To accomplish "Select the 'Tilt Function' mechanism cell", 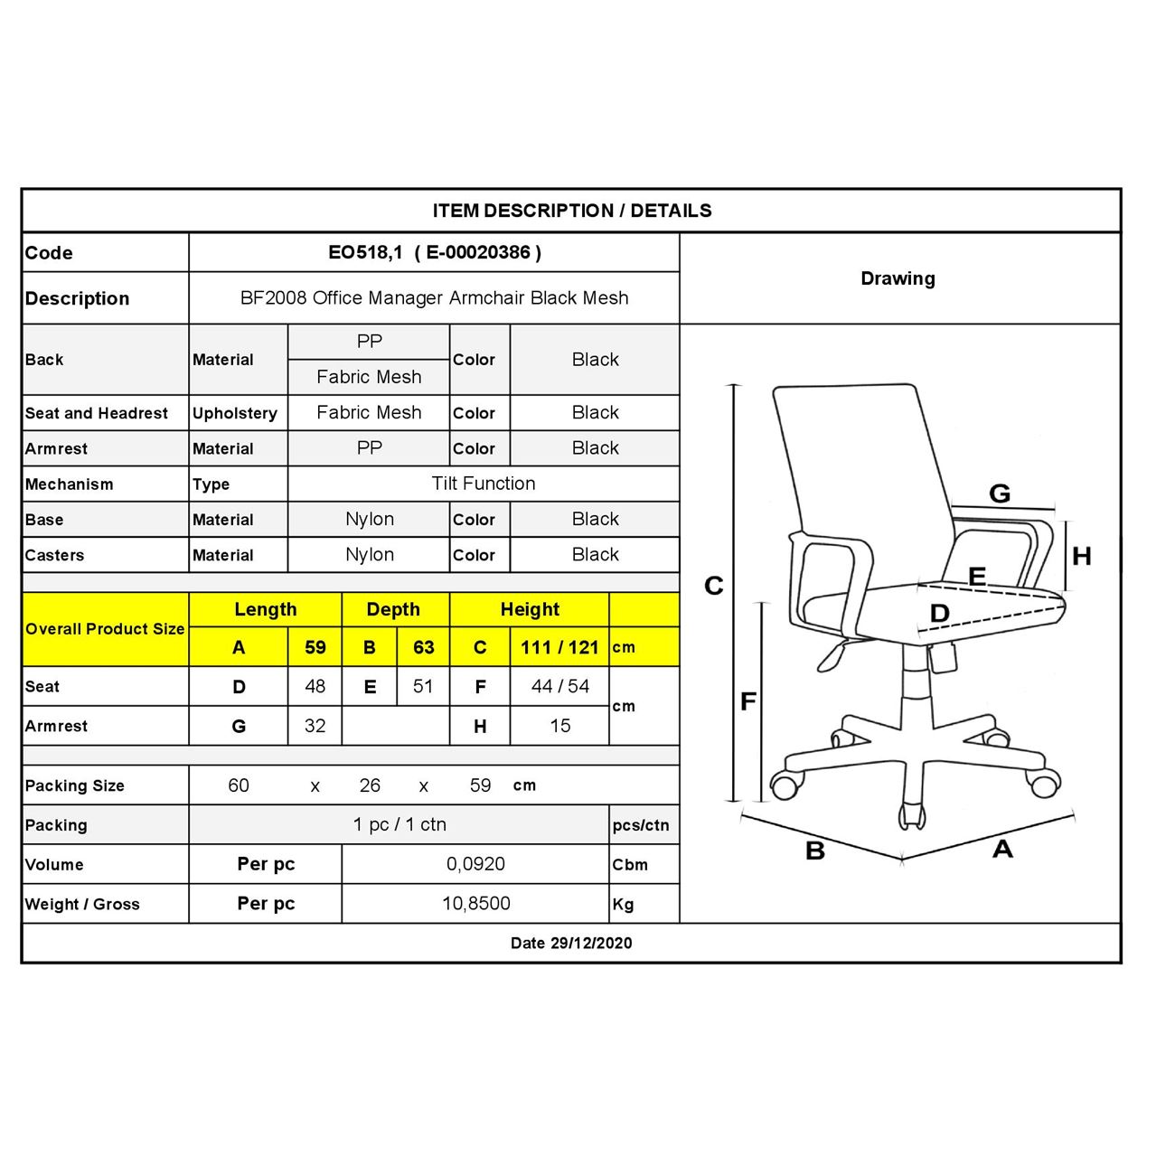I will [x=484, y=484].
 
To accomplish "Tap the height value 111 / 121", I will [x=559, y=647].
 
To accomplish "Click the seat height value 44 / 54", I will [x=559, y=686].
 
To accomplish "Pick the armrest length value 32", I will [x=315, y=726].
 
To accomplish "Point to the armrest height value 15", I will [x=559, y=726].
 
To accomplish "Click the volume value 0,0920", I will [x=475, y=864].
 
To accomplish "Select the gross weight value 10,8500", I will [x=475, y=904].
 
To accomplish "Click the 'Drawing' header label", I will [x=898, y=278].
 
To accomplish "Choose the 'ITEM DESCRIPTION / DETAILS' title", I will [x=571, y=211].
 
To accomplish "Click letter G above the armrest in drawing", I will [x=1000, y=493].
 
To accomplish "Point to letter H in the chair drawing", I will [x=1081, y=556].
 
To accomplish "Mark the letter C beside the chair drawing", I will [x=714, y=586].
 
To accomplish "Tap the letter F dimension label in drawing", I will [x=748, y=701].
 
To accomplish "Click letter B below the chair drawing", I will [x=815, y=851].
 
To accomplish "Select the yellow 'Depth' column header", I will [x=393, y=609].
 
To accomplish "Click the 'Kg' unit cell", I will [x=623, y=904].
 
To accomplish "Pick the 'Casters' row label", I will [x=54, y=555].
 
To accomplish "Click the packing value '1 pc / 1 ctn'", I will [x=399, y=824].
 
